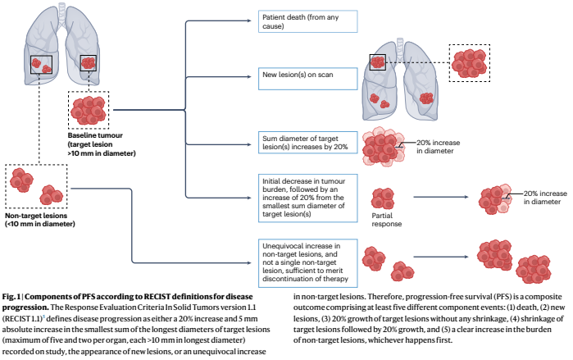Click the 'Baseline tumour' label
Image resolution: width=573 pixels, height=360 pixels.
click(101, 140)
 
